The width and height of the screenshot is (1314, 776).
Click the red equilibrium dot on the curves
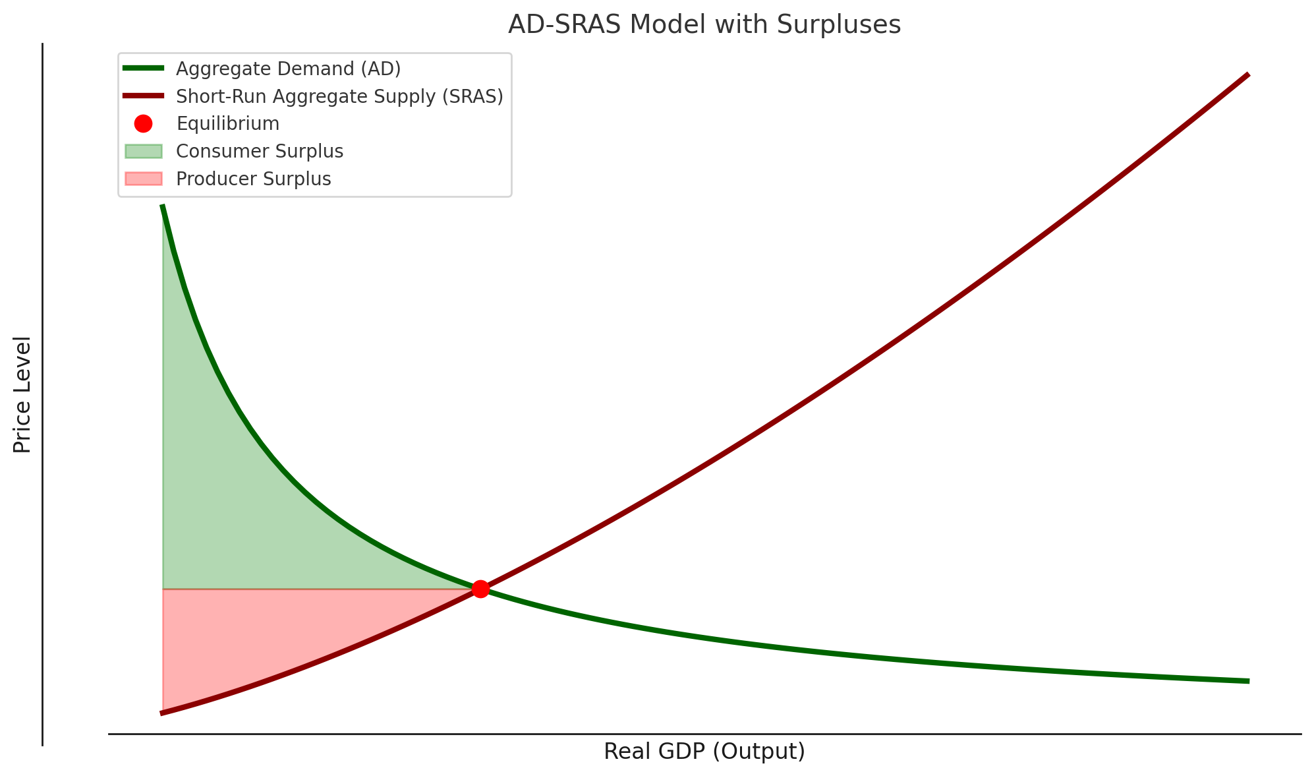pos(480,589)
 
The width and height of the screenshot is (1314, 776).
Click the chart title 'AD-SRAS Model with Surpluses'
pos(704,25)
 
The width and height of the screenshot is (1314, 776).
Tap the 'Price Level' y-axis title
pos(22,394)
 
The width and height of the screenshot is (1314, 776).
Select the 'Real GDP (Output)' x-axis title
pos(704,752)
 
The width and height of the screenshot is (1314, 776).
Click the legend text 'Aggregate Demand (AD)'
pos(289,69)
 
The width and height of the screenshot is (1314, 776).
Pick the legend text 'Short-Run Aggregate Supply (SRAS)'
pos(340,96)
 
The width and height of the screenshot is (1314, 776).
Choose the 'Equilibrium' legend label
pos(228,124)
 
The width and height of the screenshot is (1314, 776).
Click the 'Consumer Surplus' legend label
pos(260,152)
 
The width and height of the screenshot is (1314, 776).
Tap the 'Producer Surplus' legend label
pos(254,179)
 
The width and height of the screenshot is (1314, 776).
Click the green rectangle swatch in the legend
pos(143,152)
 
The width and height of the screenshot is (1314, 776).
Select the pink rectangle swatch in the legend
pos(143,179)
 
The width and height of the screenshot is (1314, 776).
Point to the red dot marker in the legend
pos(143,123)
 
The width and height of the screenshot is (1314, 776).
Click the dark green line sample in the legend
pos(143,68)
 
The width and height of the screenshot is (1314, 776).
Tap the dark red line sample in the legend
pos(143,96)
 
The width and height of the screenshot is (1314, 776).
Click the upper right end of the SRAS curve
pos(1248,75)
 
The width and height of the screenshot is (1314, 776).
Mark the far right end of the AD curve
pos(1248,681)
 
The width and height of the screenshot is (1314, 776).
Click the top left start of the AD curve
pos(162,206)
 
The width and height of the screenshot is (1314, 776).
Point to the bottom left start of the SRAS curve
pos(162,713)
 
